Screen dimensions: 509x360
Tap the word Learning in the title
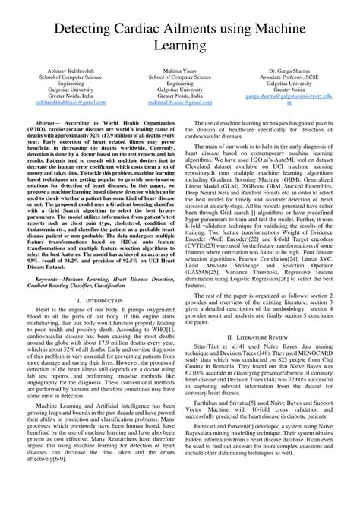click(180, 49)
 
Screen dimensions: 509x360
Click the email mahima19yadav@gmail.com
click(179, 109)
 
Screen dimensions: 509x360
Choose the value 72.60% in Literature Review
click(295, 407)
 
